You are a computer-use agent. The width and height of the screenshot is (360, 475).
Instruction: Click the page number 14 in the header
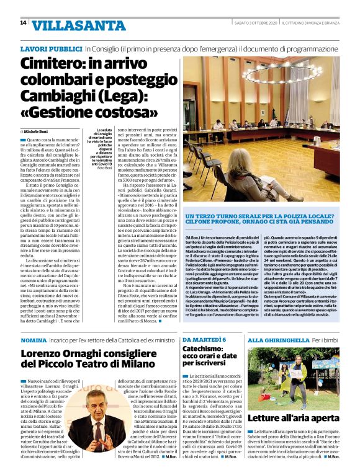(22, 24)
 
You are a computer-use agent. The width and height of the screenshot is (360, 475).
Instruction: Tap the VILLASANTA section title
(73, 25)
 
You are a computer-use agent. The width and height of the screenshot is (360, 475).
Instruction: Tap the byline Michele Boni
(40, 131)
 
